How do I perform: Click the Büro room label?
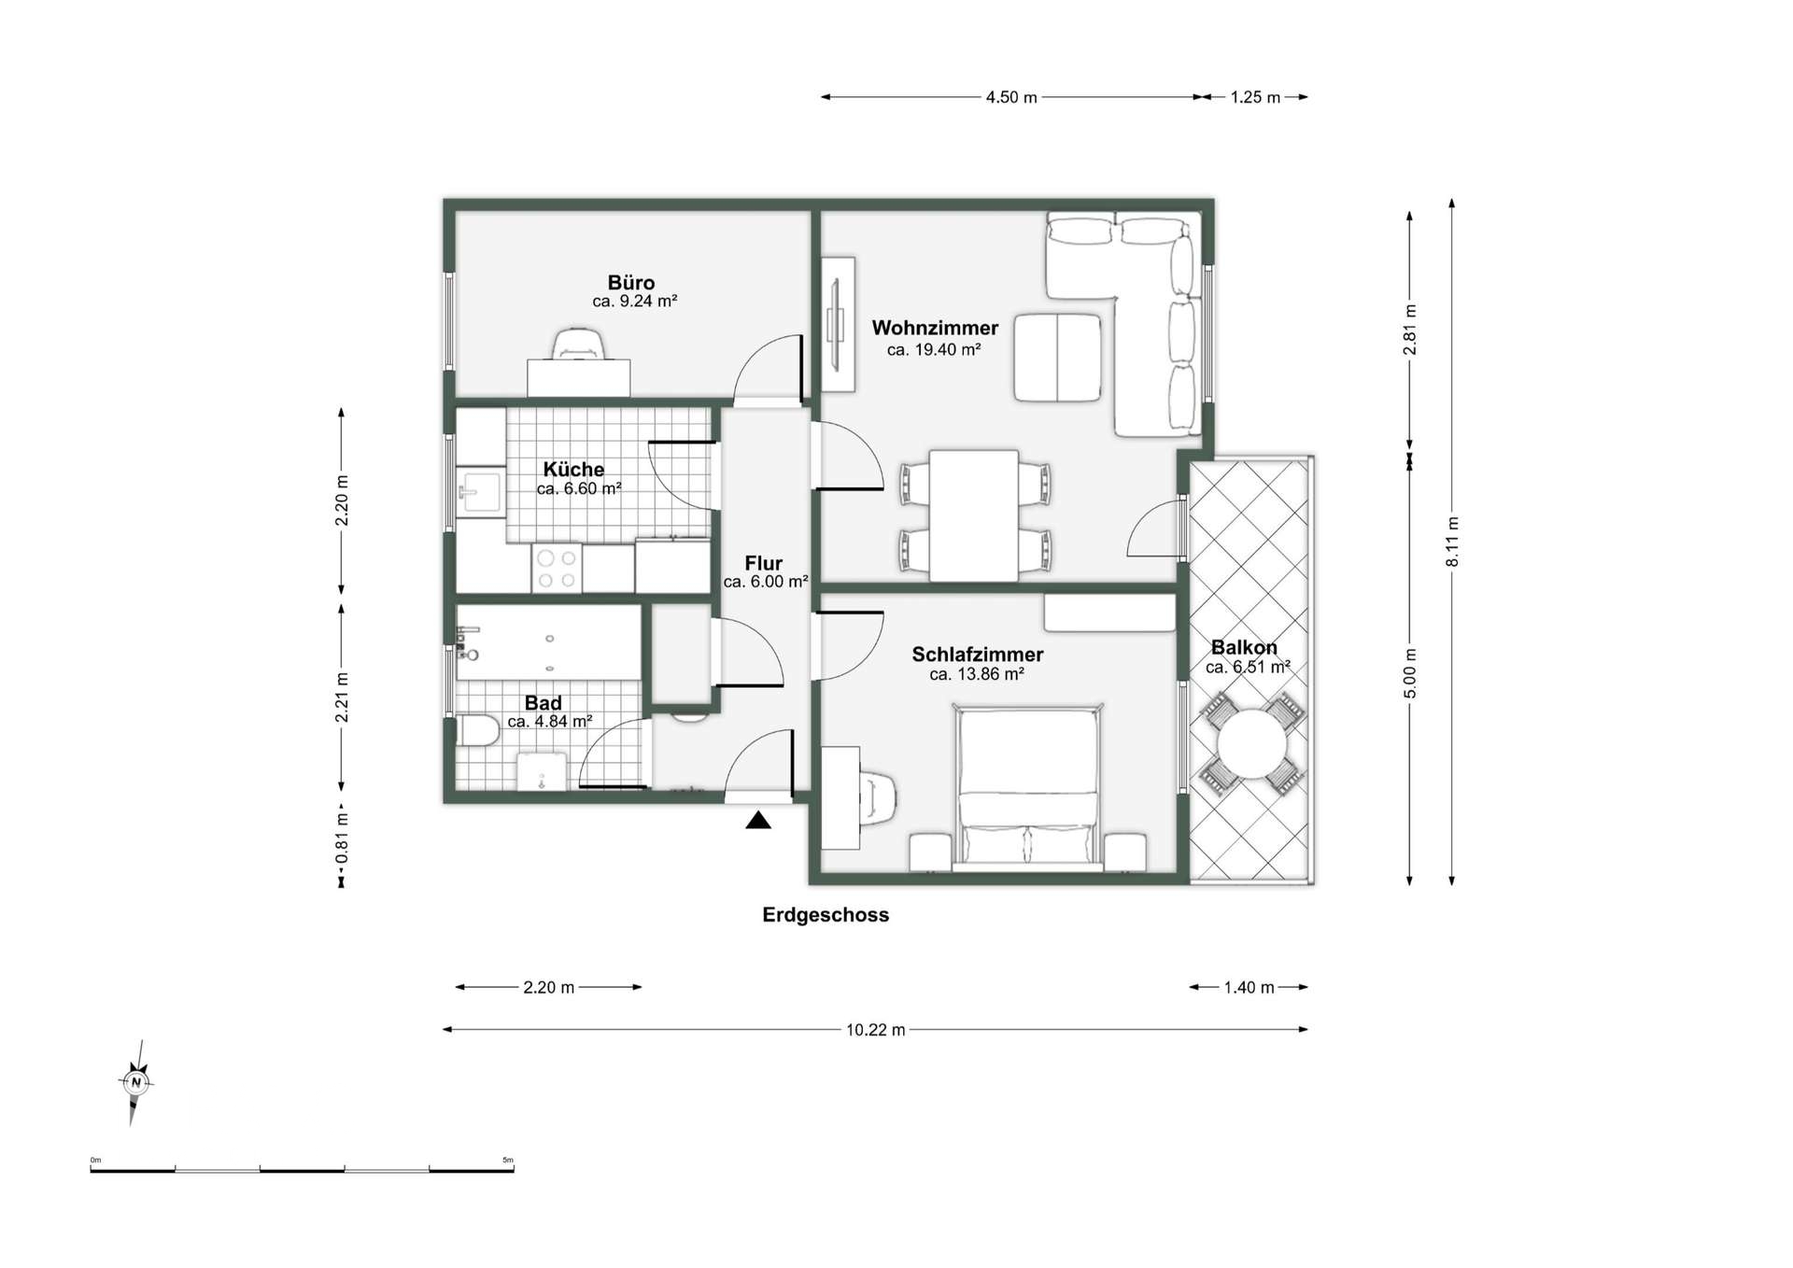(631, 282)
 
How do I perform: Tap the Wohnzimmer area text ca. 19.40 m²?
(934, 350)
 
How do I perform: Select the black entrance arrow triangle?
(758, 821)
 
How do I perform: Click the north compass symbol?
(136, 1082)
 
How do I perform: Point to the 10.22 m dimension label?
(876, 1030)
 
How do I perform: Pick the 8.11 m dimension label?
(1452, 542)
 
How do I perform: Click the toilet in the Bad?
(477, 731)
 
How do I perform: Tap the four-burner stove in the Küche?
(557, 568)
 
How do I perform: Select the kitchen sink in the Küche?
(480, 491)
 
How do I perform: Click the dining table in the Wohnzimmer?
(974, 514)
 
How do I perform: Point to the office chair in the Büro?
(579, 344)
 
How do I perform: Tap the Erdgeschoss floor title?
(826, 915)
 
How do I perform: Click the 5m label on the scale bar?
(508, 1160)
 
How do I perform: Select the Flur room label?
(764, 563)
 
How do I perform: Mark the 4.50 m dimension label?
(1011, 97)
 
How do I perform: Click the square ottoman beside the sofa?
(1058, 359)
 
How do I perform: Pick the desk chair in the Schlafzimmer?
(880, 797)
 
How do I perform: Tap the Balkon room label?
(1244, 647)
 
